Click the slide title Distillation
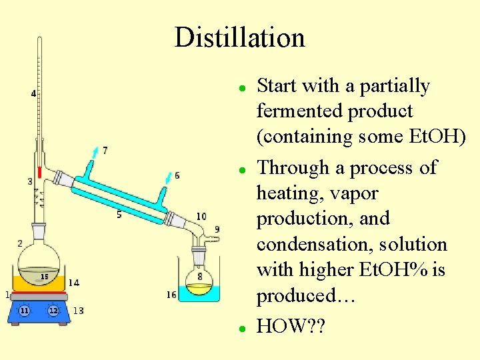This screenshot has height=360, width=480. pos(239,37)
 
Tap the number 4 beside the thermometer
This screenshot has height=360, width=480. pos(33,93)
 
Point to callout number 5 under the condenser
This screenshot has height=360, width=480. pos(119,214)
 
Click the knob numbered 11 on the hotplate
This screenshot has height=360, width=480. pos(25,311)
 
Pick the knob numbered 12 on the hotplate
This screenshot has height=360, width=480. pos(53,311)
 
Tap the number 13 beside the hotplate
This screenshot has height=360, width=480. pos(78,311)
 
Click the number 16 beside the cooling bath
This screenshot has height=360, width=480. pos(171,295)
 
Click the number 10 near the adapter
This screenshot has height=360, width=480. pos(201,217)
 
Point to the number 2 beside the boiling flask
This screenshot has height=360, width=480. pos(20,243)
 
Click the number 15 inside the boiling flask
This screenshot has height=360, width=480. pos(44,276)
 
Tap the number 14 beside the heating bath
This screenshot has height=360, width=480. pos(73,283)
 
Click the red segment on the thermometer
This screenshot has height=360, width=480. pos(40,172)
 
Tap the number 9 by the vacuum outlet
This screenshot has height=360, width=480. pos(217,229)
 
